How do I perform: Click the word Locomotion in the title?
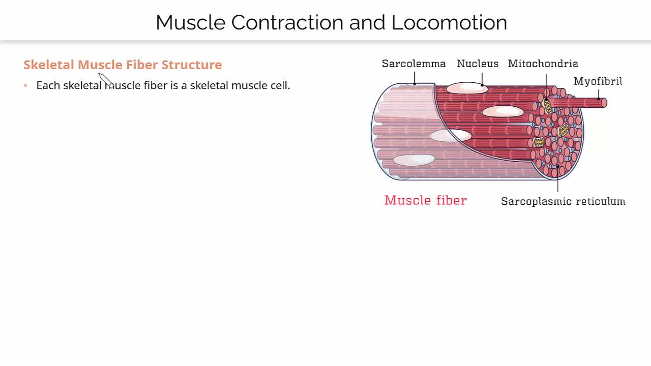[x=449, y=22]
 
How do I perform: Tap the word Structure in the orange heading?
[x=192, y=65]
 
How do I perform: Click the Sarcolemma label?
[x=413, y=64]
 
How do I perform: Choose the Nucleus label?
[x=478, y=64]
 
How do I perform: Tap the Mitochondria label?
[x=543, y=64]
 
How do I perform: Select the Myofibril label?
[x=598, y=81]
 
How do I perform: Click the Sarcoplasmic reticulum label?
[x=563, y=201]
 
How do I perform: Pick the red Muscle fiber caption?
[x=425, y=200]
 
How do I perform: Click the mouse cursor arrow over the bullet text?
[x=105, y=80]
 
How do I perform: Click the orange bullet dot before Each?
[x=25, y=85]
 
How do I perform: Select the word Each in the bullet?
[x=48, y=85]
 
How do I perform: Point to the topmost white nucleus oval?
[x=467, y=88]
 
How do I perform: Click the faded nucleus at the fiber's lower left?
[x=413, y=160]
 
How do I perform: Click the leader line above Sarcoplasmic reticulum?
[x=558, y=180]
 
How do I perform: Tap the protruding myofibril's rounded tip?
[x=604, y=103]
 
